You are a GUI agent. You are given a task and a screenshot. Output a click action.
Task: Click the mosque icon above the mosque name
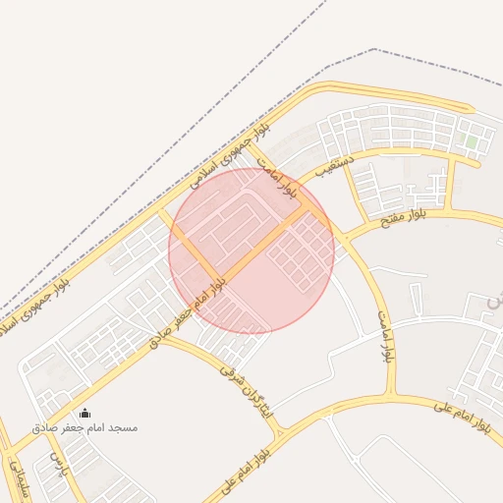[x=84, y=413]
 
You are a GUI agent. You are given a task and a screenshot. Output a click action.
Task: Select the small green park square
[x=472, y=143]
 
